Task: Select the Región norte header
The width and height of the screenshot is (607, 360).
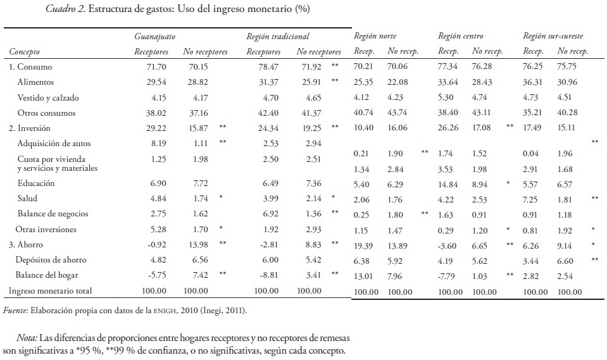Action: click(x=375, y=36)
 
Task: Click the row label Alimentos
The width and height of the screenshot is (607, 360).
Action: click(x=36, y=82)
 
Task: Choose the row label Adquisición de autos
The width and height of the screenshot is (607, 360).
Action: click(x=53, y=144)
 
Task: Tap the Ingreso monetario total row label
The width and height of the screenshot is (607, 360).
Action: click(x=50, y=290)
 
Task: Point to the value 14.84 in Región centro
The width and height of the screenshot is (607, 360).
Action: click(x=447, y=185)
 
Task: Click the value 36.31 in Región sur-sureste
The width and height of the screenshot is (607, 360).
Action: click(x=533, y=82)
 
